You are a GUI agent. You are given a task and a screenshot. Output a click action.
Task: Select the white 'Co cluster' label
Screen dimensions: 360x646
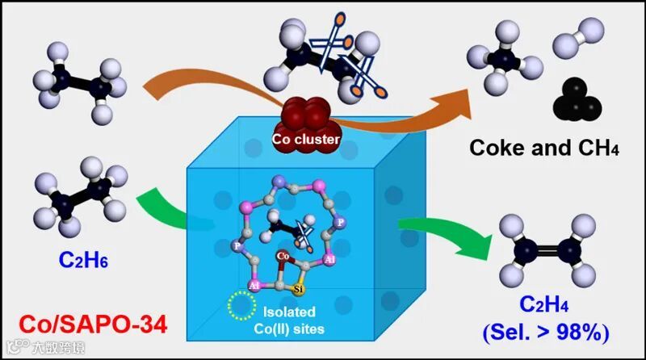tap(305, 139)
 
